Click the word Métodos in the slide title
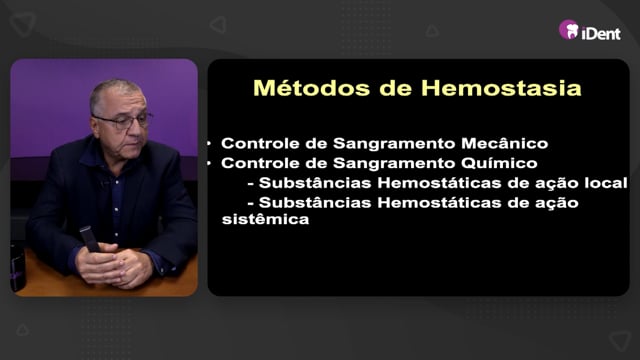pos(311,88)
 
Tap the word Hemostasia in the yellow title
pos(501,88)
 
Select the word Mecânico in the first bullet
pos(504,143)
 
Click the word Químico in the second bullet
pos(499,163)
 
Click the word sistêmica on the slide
pos(265,219)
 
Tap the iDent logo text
pos(601,33)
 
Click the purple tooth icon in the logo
pos(569,30)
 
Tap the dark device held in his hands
pos(89,239)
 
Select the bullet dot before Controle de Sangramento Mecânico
pos(209,143)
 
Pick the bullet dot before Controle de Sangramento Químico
pos(209,163)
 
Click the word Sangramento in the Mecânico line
pos(394,144)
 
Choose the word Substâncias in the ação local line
pos(315,183)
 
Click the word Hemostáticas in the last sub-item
pos(439,202)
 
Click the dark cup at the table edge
pos(17,267)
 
